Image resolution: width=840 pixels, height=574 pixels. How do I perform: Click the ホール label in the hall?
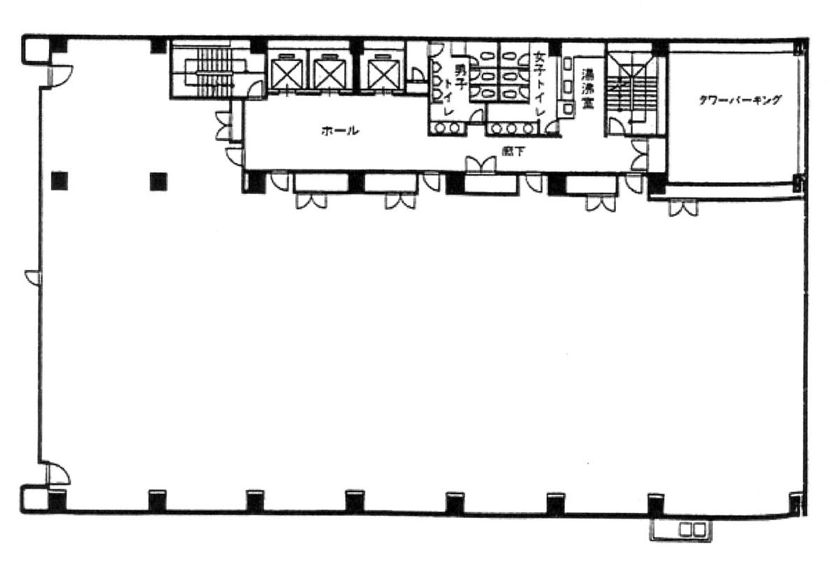point(340,130)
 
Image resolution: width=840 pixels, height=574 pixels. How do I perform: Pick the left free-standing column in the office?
point(60,181)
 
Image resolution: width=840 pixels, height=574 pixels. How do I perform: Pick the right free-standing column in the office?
point(158,181)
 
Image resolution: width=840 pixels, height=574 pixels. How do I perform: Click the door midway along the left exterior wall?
point(33,277)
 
